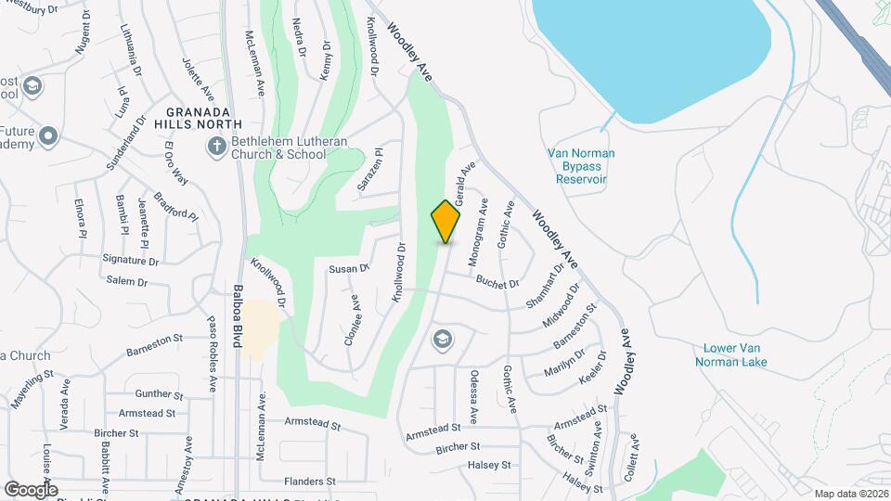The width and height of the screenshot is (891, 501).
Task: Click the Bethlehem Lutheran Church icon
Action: point(216,146)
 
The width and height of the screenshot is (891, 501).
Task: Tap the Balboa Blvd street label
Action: point(239,315)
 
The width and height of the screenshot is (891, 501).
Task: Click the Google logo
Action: point(31,489)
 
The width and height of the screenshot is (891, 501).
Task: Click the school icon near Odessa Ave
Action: point(442,340)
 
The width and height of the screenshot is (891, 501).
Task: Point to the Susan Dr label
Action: point(349,269)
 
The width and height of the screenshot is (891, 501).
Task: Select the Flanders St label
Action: point(310,482)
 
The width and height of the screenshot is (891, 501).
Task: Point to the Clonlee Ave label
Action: point(352,320)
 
